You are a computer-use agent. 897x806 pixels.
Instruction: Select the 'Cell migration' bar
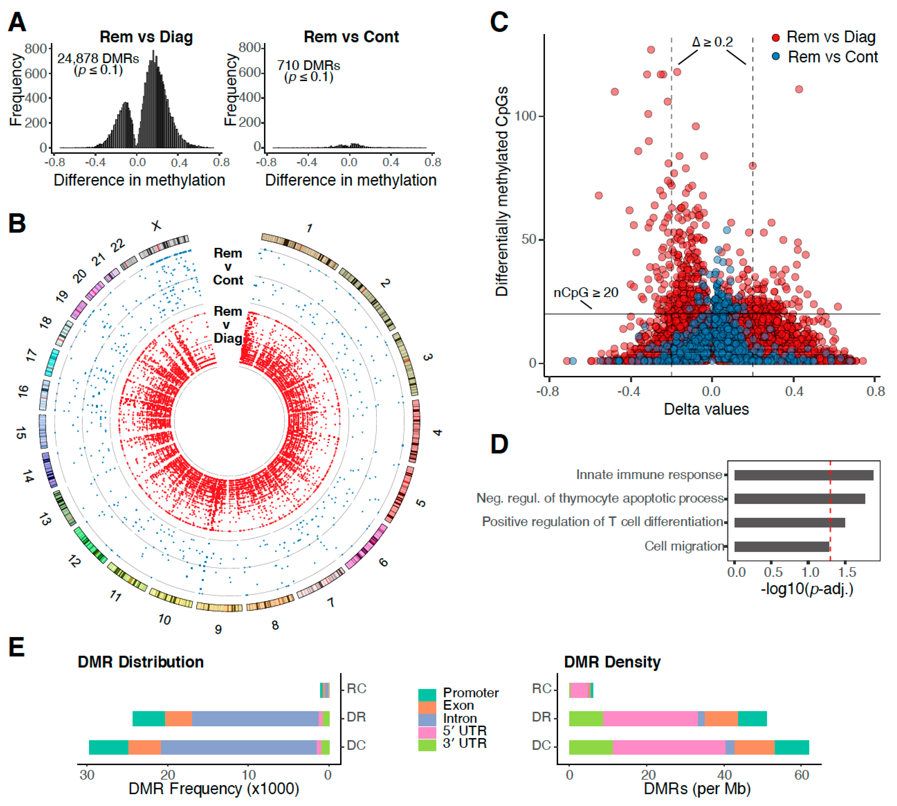[x=781, y=547]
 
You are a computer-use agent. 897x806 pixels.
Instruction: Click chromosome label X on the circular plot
[x=156, y=226]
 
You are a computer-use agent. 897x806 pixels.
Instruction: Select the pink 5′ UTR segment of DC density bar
[x=669, y=747]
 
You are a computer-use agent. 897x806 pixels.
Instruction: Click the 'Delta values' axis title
[x=706, y=409]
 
